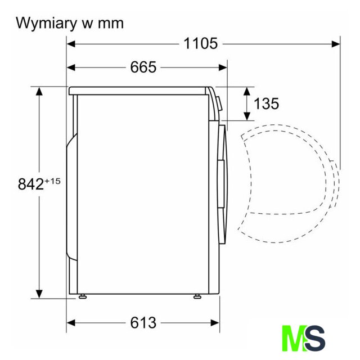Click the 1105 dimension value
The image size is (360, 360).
click(201, 43)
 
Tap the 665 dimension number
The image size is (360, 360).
click(143, 67)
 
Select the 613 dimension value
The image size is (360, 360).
click(143, 323)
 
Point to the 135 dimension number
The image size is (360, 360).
click(266, 103)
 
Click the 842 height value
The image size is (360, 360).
click(31, 184)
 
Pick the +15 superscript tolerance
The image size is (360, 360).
click(52, 181)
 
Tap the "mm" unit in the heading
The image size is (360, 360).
click(111, 24)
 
